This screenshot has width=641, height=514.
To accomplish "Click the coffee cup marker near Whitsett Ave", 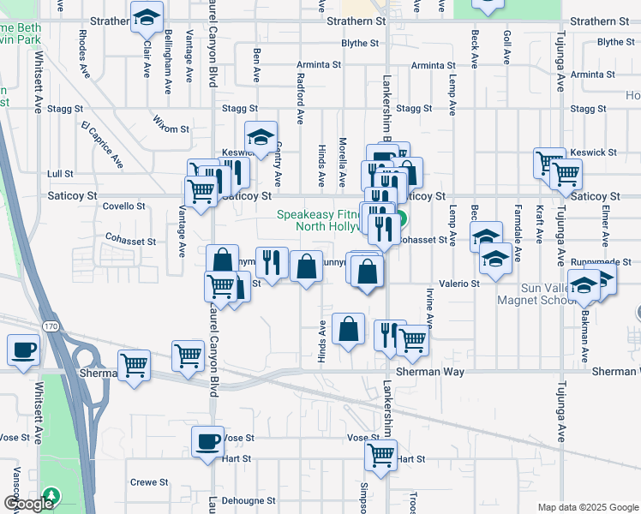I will pyautogui.click(x=23, y=350).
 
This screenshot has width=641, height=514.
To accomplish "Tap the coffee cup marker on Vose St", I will pyautogui.click(x=207, y=441).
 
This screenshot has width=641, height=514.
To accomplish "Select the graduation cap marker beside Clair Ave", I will pyautogui.click(x=147, y=16).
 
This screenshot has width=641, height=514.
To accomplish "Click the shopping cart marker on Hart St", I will pyautogui.click(x=380, y=456).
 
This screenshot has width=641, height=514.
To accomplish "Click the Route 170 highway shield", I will pyautogui.click(x=51, y=326).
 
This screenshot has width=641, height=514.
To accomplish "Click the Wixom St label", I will pyautogui.click(x=171, y=128).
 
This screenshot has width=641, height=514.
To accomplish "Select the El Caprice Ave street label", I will pyautogui.click(x=102, y=143).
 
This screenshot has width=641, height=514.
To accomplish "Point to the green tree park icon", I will pyautogui.click(x=52, y=495).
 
